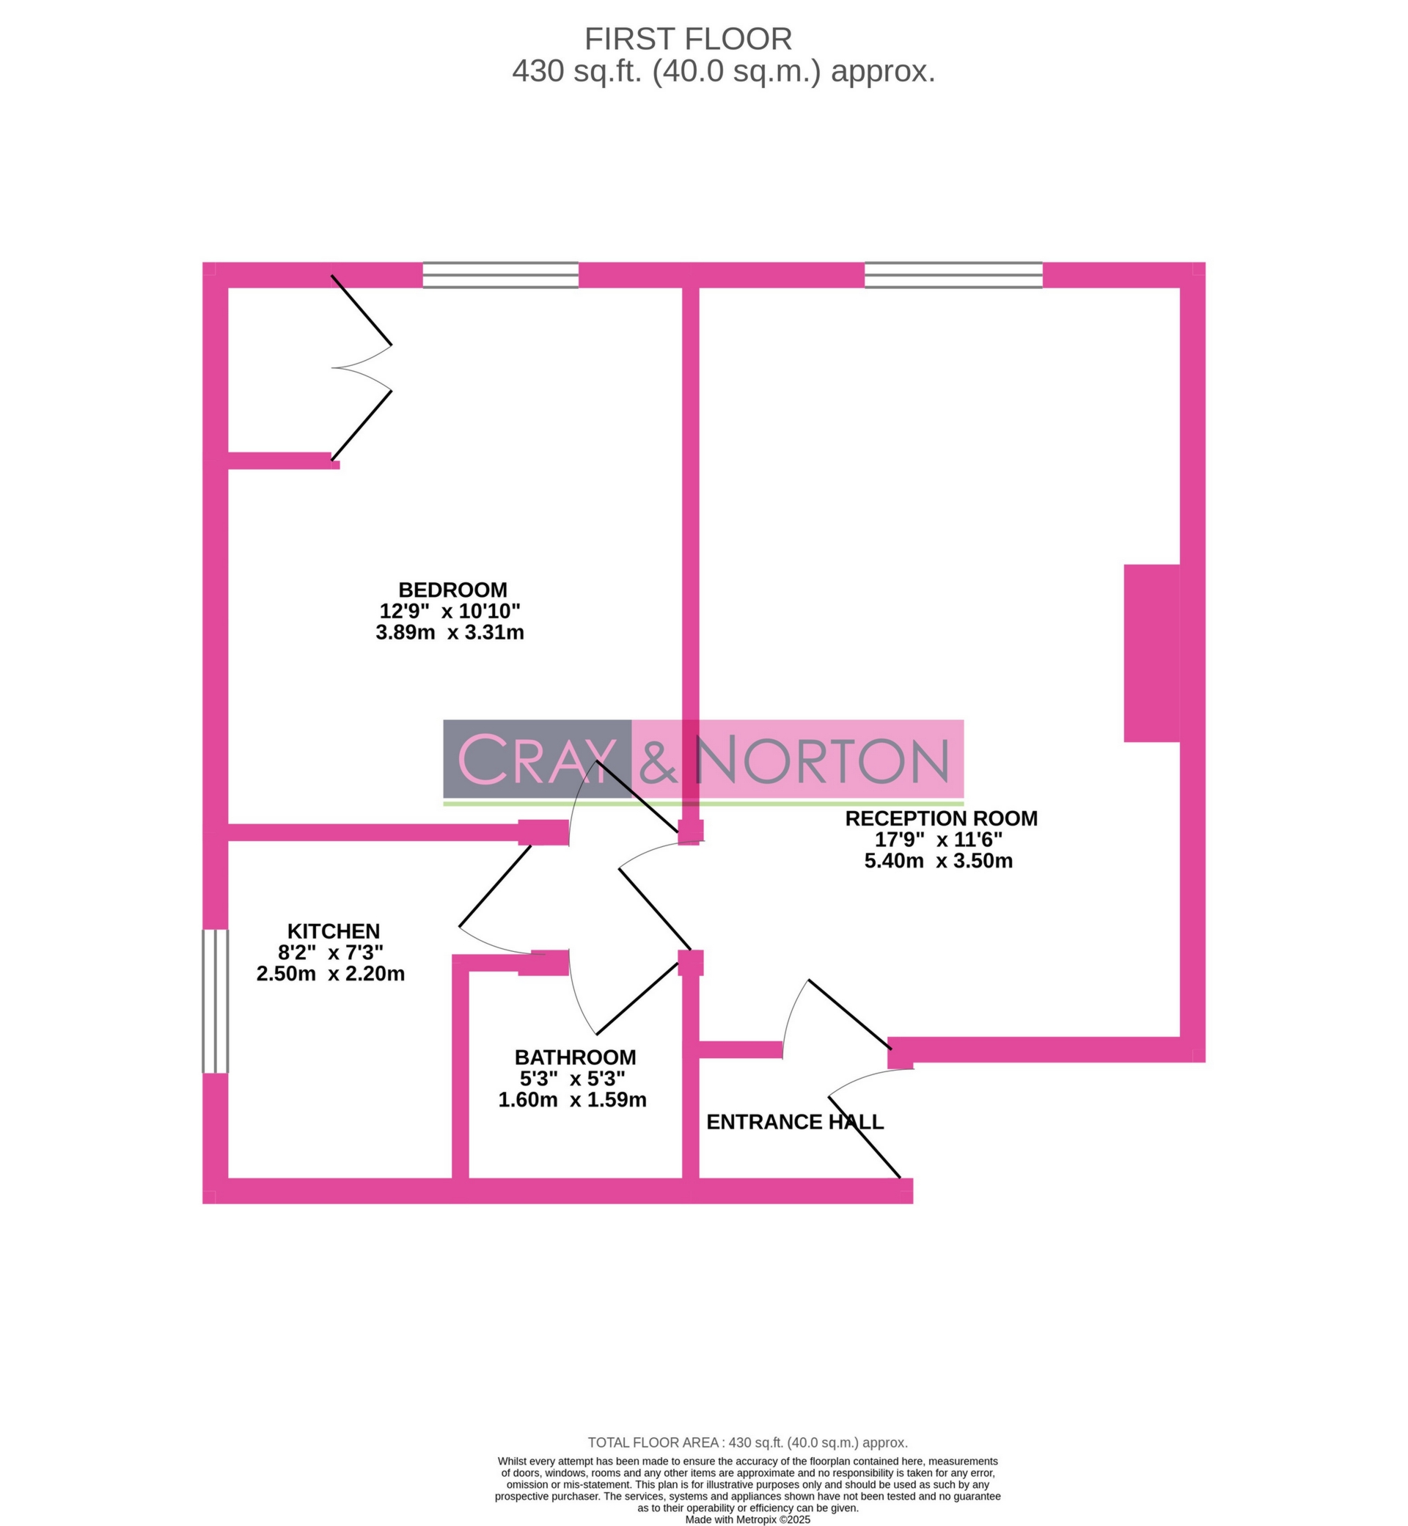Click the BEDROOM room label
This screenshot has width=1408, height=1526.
[452, 590]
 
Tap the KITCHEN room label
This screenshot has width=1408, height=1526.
[333, 931]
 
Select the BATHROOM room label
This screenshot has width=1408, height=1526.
[575, 1057]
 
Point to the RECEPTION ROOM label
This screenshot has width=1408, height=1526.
[941, 818]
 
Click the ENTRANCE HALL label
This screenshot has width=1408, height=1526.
[795, 1122]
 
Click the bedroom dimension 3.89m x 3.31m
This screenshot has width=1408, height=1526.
[450, 632]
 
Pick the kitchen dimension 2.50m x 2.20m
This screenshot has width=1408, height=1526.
[331, 974]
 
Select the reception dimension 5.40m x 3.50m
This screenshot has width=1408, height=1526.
[939, 861]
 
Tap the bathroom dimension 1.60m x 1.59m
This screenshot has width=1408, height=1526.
[572, 1100]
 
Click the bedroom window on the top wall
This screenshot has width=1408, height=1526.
[501, 275]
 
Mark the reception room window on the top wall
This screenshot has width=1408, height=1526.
[953, 275]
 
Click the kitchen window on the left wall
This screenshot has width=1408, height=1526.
[215, 1001]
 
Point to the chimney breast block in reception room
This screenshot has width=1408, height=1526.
[1152, 653]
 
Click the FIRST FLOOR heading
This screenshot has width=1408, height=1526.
[688, 39]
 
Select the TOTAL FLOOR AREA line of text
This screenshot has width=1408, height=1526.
[747, 1443]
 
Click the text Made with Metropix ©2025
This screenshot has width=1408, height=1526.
[747, 1519]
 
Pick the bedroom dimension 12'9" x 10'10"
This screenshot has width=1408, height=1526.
[450, 611]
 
